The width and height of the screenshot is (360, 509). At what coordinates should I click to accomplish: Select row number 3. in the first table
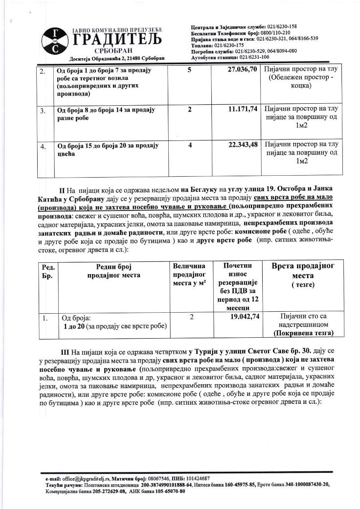click(x=43, y=110)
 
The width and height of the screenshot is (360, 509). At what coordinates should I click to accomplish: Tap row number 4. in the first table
click(x=43, y=146)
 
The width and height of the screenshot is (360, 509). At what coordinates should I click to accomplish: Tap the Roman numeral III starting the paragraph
click(x=64, y=352)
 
